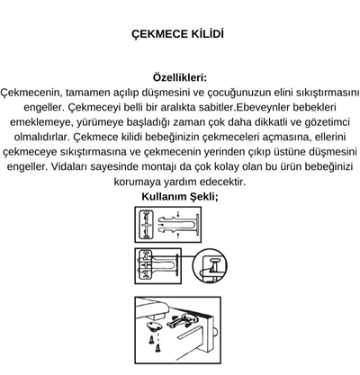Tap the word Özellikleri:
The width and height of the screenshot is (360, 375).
(180, 77)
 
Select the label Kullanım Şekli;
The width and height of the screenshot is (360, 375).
(180, 196)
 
